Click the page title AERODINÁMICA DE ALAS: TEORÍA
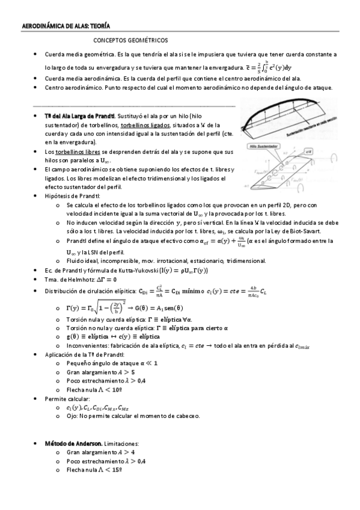[x=66, y=26]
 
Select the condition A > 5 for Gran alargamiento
[x=123, y=372]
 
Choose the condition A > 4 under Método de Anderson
[x=123, y=452]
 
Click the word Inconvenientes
[x=88, y=346]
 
